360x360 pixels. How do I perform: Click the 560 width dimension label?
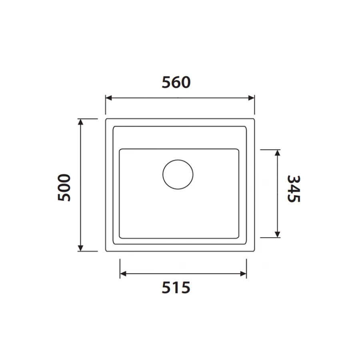point(176,82)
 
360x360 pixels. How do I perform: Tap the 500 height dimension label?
point(64,187)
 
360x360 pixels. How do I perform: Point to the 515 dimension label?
point(176,288)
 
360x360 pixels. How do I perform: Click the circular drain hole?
point(178,174)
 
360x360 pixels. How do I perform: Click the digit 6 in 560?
point(176,82)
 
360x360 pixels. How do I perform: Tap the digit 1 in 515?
point(176,288)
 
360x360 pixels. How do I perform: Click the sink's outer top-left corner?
point(106,119)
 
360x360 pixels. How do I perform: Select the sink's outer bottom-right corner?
point(254,251)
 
